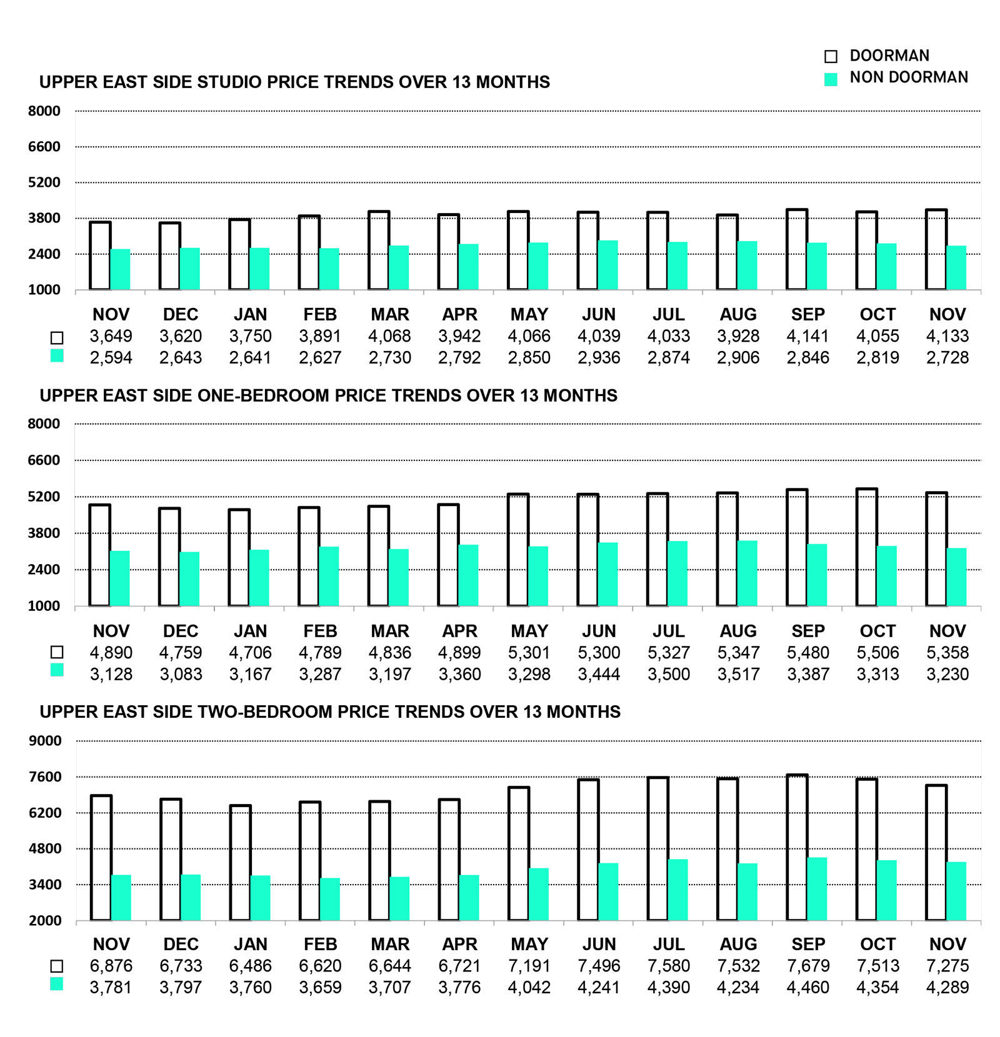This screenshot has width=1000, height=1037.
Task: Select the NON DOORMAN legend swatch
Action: [x=831, y=79]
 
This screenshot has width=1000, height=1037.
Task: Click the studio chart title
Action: [x=294, y=82]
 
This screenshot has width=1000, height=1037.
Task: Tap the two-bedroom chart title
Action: [x=330, y=712]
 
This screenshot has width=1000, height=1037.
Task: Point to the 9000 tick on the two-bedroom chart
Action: [x=45, y=741]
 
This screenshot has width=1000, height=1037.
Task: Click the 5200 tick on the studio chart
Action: [x=44, y=182]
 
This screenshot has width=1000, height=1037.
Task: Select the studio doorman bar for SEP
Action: [x=797, y=249]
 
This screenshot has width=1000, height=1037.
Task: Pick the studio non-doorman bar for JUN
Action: [x=607, y=265]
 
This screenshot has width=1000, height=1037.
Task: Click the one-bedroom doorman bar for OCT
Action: [x=866, y=547]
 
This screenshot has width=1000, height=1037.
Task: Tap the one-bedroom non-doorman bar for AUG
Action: [x=747, y=573]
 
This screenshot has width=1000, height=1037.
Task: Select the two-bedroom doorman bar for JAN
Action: [x=240, y=863]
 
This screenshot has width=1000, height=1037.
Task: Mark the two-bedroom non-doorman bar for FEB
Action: [x=330, y=899]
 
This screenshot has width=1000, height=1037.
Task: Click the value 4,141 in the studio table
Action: [x=807, y=336]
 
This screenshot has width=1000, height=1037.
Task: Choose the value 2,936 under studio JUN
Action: [x=599, y=357]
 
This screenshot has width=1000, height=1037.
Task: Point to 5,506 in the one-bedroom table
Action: [x=877, y=653]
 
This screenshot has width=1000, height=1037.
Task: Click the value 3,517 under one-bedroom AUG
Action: [x=738, y=674]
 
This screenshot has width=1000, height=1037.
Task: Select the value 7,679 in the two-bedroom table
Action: [x=808, y=966]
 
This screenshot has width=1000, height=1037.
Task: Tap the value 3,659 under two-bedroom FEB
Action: [x=320, y=987]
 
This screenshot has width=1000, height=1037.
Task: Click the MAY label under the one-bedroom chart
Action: [x=529, y=631]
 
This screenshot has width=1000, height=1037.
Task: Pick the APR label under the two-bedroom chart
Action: [x=459, y=944]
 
